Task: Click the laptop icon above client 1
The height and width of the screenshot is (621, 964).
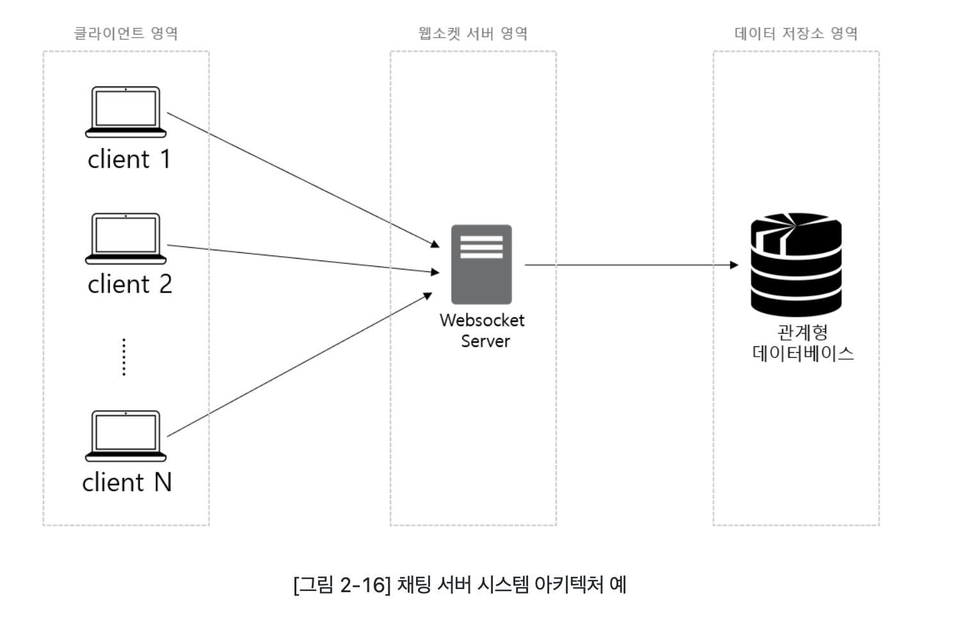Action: point(125,112)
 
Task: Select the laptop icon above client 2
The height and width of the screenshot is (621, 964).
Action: point(125,238)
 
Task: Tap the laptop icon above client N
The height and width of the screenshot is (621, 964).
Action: point(125,436)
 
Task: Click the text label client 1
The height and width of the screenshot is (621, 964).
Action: point(129,159)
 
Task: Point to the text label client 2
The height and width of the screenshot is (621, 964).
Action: point(130,284)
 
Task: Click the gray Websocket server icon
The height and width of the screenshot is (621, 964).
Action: point(481,264)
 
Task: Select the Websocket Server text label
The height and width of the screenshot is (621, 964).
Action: point(483,330)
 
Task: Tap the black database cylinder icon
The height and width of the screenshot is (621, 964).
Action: point(796,264)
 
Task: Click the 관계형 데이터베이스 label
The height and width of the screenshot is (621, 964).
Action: point(803,343)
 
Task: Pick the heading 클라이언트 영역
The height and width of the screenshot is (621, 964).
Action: point(126,33)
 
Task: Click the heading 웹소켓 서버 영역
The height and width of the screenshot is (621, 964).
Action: point(474,33)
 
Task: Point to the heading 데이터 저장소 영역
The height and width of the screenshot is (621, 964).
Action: point(796,33)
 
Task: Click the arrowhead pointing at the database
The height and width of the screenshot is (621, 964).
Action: point(735,265)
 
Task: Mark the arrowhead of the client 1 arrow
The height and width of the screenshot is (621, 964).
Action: point(435,245)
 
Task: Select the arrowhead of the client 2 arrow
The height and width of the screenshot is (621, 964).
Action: point(435,272)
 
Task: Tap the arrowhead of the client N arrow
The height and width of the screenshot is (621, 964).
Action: point(428,296)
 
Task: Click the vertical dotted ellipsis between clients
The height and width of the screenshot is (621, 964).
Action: point(124,357)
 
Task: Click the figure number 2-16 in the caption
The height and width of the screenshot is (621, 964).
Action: point(365,585)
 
